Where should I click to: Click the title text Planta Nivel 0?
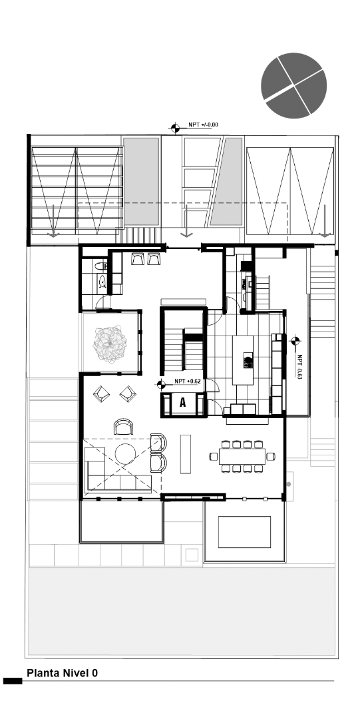coord(63,673)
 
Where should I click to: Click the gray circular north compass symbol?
coord(294,85)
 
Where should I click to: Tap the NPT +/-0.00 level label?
coord(204,124)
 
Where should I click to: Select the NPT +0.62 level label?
coord(188,381)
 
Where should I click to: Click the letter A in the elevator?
coord(182,403)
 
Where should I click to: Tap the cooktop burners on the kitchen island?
coord(248,363)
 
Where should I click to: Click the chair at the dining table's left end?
coord(214,456)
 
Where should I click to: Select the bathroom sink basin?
coord(101,282)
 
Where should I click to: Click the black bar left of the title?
coord(13,681)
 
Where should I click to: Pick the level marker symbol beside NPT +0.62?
coord(160,383)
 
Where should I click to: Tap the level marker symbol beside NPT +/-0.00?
coord(175,126)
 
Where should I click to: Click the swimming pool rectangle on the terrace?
coord(244,531)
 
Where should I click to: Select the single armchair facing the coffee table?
coord(124,427)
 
